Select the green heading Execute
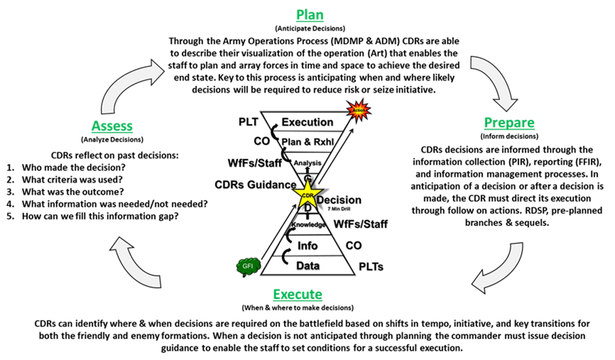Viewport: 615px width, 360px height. tap(298, 294)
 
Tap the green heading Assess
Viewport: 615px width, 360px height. tap(112, 125)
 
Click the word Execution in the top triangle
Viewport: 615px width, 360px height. tap(307, 122)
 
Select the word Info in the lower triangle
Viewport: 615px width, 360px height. tap(307, 245)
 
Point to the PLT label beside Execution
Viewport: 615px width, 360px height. tap(249, 121)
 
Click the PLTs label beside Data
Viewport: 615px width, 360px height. tap(372, 267)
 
